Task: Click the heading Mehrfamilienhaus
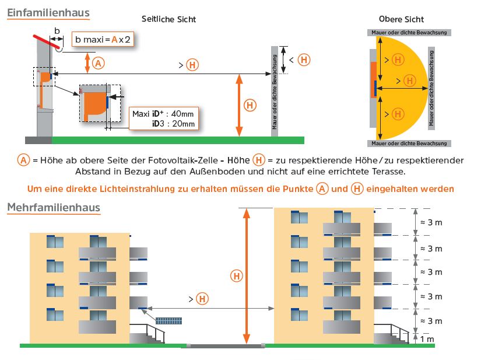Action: pyautogui.click(x=53, y=208)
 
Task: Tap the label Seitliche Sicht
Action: pyautogui.click(x=168, y=19)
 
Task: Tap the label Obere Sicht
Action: pyautogui.click(x=401, y=19)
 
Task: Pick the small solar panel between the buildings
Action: pyautogui.click(x=169, y=320)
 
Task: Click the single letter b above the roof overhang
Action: pyautogui.click(x=57, y=30)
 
